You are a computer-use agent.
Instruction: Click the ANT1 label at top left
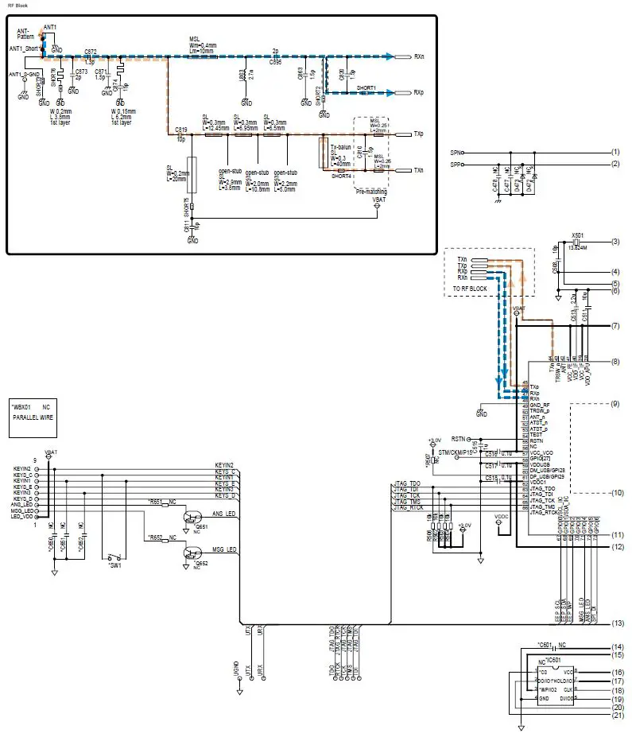pos(50,26)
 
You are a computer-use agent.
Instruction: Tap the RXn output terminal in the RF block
pos(418,56)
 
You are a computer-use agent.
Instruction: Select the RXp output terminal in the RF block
pos(418,92)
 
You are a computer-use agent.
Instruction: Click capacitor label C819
pos(180,129)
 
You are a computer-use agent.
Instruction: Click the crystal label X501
pos(578,235)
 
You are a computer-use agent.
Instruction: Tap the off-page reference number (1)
pos(615,151)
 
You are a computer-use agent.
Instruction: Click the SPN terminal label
pos(456,151)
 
